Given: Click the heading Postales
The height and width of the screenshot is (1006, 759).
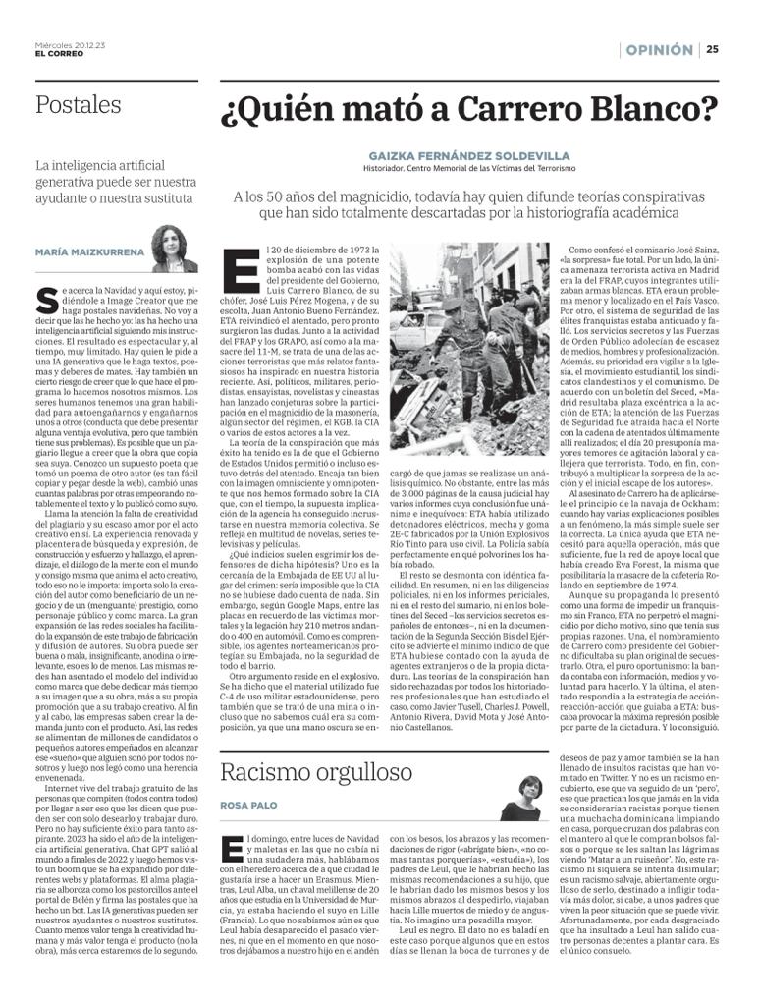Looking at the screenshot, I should (79, 104).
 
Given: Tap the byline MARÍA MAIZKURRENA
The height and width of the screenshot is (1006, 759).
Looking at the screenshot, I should (89, 252).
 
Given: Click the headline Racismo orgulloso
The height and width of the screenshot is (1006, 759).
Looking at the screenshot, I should (302, 772).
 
